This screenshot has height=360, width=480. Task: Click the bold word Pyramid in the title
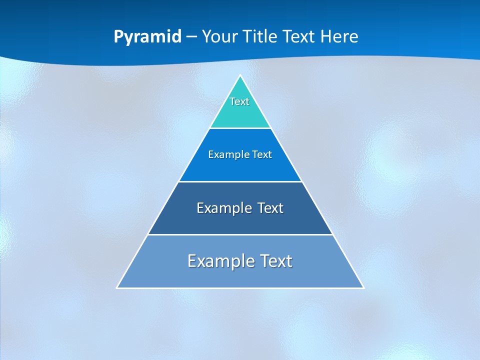coord(147,37)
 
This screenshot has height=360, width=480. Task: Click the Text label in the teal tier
coord(239,101)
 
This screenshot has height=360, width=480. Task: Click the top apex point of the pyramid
coord(240,75)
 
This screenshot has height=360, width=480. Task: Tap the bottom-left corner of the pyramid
coord(117,288)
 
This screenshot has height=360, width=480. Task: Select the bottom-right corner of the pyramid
coord(363,288)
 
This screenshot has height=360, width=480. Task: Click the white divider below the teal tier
coord(240,128)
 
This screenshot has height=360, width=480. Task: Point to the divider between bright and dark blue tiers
coord(240,181)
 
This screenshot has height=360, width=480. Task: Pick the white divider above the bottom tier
coord(240,234)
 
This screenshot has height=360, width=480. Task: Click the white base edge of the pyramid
coord(240,288)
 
